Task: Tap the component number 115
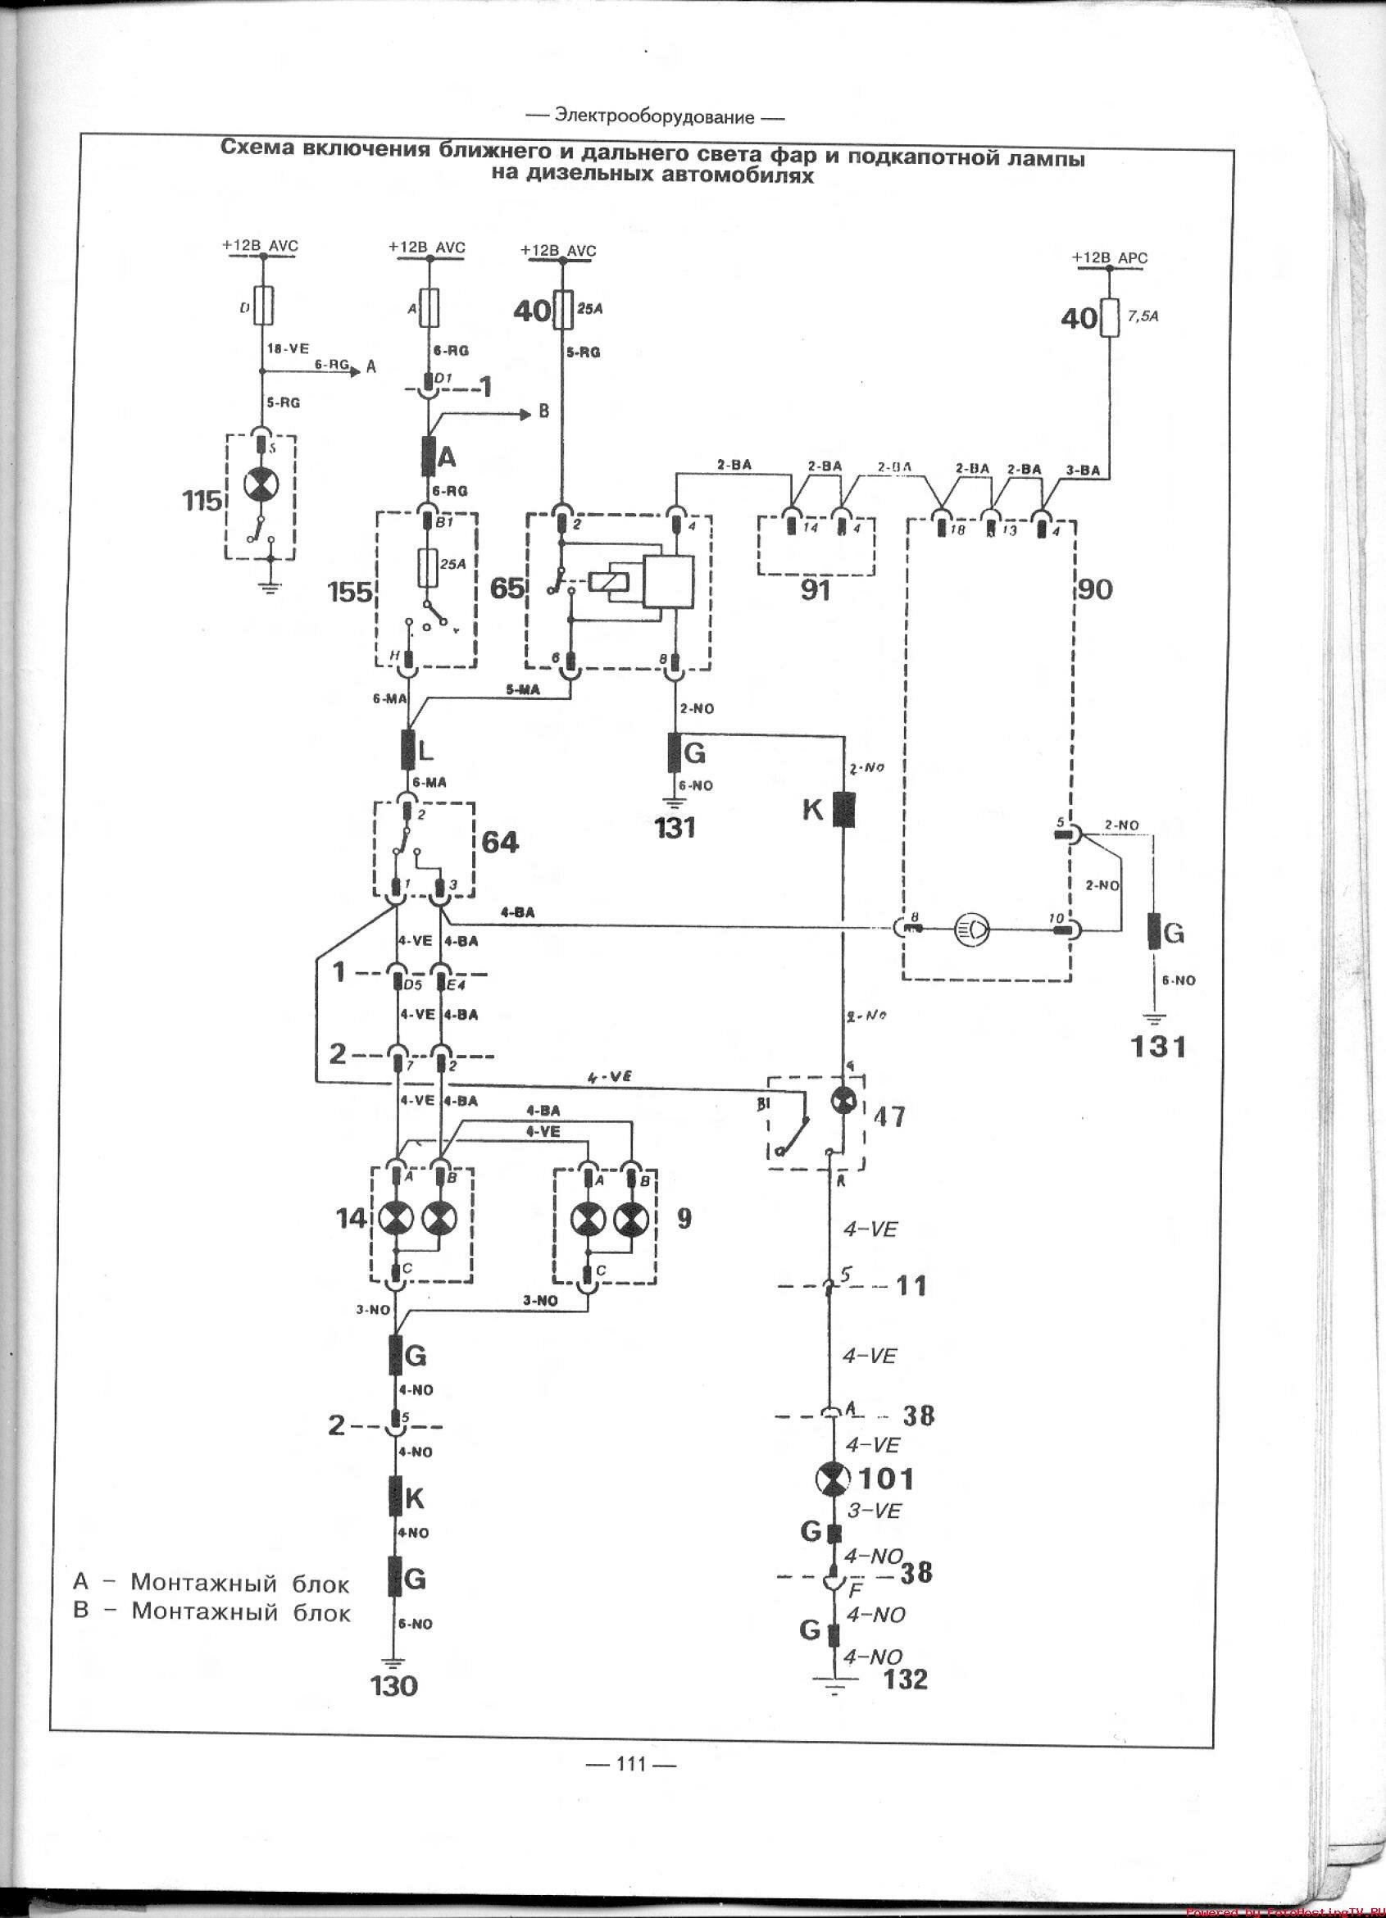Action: click(202, 502)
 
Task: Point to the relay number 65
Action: click(507, 588)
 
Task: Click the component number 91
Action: click(815, 591)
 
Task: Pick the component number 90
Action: click(1096, 589)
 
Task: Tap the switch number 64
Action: click(499, 843)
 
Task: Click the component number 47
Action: click(888, 1118)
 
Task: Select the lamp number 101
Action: click(886, 1479)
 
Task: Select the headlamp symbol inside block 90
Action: click(968, 928)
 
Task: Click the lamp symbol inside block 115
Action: click(261, 485)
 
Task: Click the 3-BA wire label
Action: click(1084, 470)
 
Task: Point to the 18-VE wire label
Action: click(288, 348)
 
